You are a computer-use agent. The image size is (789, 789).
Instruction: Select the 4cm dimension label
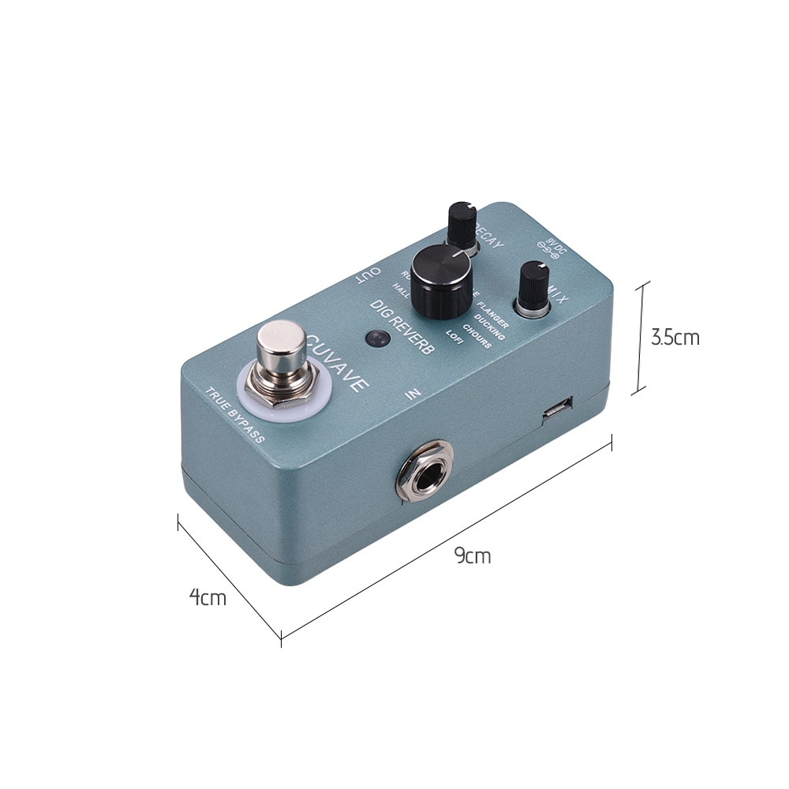point(208,597)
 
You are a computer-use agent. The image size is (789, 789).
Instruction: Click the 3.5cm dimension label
point(675,338)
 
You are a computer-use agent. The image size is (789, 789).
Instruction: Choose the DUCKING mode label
point(490,331)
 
